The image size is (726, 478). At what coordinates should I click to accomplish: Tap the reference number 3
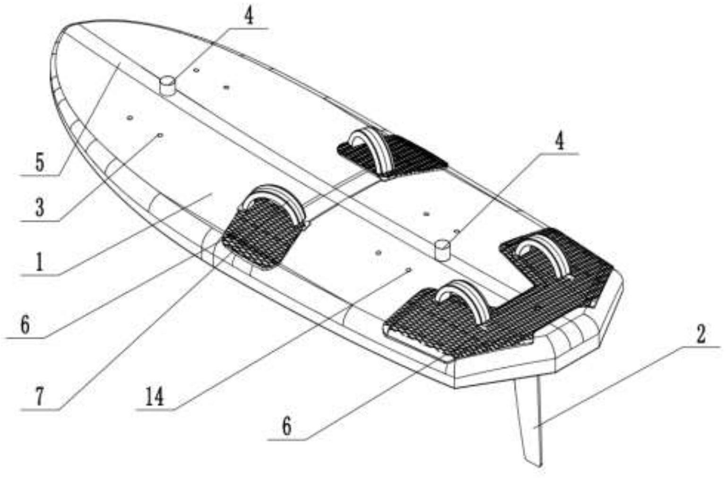click(x=40, y=207)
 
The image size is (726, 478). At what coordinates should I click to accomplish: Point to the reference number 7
click(x=40, y=397)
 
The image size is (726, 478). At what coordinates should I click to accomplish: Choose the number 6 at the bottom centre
click(x=286, y=427)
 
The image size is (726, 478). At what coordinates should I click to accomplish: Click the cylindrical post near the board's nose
click(x=167, y=86)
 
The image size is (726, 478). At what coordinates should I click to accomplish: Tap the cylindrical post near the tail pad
click(x=442, y=249)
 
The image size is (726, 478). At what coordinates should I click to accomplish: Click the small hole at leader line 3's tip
click(x=160, y=135)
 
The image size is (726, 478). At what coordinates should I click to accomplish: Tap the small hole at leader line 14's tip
click(x=409, y=269)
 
